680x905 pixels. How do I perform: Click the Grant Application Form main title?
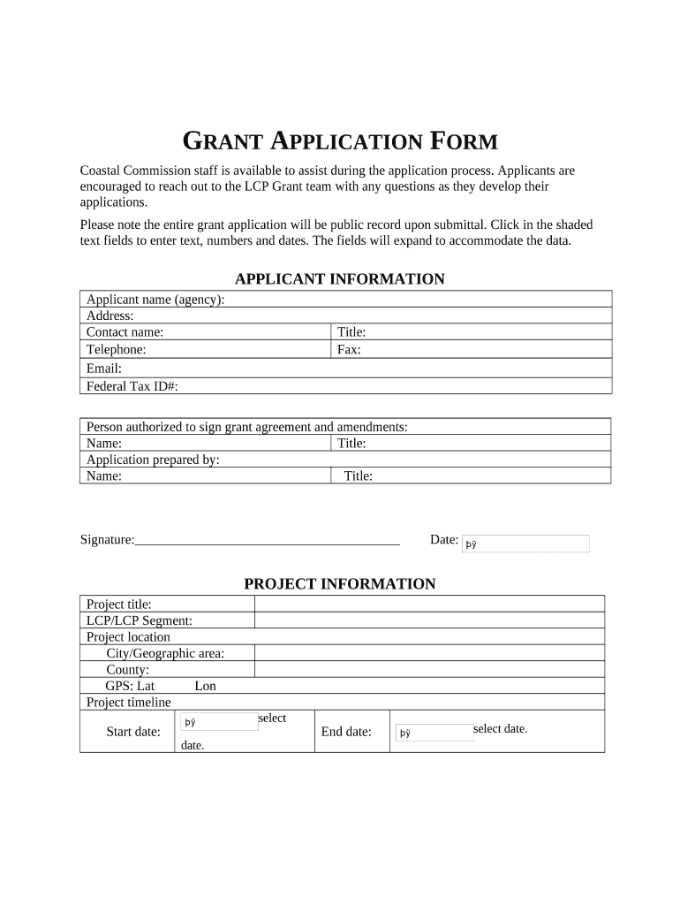click(340, 141)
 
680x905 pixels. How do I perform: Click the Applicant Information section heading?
click(340, 279)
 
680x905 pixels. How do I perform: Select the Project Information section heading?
click(340, 584)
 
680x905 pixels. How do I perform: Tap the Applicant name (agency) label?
click(155, 300)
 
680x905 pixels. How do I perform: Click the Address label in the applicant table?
click(110, 316)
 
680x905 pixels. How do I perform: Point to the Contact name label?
click(125, 332)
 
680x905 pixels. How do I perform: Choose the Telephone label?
click(117, 349)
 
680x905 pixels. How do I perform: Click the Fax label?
click(349, 349)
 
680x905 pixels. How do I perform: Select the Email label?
click(104, 369)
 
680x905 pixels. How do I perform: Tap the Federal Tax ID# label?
click(132, 386)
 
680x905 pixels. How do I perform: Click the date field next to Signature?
click(526, 544)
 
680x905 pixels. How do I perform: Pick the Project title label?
click(119, 605)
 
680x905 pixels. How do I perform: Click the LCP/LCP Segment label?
click(140, 620)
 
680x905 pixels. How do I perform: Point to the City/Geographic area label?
click(165, 653)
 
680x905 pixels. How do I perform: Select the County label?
click(127, 670)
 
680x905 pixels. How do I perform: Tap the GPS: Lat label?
click(130, 686)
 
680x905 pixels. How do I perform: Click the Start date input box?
click(219, 722)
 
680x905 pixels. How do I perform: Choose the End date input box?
click(434, 733)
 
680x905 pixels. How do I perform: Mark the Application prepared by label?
click(153, 460)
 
